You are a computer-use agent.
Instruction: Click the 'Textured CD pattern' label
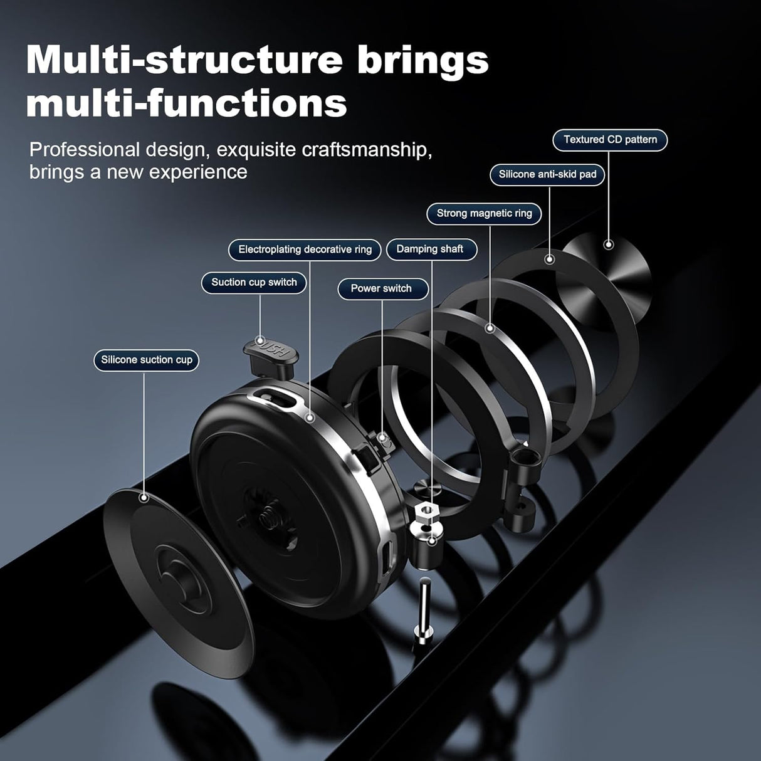(610, 140)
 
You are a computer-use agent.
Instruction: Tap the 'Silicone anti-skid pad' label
(547, 174)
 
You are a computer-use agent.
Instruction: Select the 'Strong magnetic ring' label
(484, 213)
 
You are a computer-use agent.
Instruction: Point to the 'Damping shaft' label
(429, 249)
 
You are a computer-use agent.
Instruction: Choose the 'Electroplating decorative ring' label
(305, 249)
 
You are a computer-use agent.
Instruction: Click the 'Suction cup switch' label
(254, 282)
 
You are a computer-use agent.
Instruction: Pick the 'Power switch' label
(381, 288)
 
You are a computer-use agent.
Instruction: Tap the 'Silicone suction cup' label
(147, 360)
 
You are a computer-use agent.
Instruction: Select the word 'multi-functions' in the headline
(186, 103)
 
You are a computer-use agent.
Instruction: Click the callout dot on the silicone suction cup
(144, 498)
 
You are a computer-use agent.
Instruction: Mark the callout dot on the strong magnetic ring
(490, 328)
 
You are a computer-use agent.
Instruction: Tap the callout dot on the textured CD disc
(608, 244)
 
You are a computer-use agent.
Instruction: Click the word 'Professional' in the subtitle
(85, 150)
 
